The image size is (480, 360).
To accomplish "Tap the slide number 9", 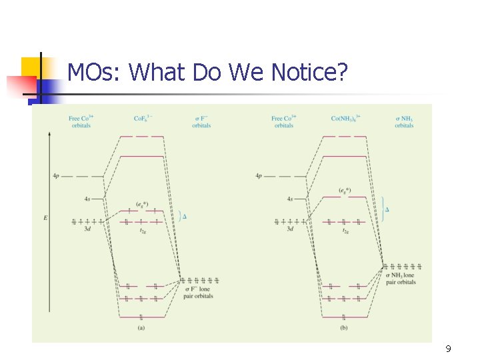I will click(448, 349).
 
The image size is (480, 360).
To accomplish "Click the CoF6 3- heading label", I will click(143, 119).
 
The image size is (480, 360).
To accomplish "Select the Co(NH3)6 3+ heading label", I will click(346, 119).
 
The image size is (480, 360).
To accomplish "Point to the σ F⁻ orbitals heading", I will click(201, 122).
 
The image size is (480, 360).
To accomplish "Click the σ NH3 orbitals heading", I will click(404, 122).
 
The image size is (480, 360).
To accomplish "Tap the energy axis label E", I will click(45, 218).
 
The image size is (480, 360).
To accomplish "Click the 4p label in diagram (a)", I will click(56, 176).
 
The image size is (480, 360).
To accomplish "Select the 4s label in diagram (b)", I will click(290, 199).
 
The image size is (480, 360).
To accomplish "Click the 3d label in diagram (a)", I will click(87, 229).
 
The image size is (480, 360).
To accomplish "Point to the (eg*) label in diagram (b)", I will click(345, 191).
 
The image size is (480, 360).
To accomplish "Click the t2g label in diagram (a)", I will click(143, 231).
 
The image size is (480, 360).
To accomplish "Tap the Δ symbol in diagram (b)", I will click(387, 209).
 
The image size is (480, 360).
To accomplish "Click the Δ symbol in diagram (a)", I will click(185, 216).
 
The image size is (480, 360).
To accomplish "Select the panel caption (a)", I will click(141, 327).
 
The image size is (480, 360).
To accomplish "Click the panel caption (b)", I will click(344, 327).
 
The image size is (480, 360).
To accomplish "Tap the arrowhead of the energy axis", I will click(49, 134).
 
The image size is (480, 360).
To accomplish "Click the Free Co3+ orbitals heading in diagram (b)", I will click(283, 122).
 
